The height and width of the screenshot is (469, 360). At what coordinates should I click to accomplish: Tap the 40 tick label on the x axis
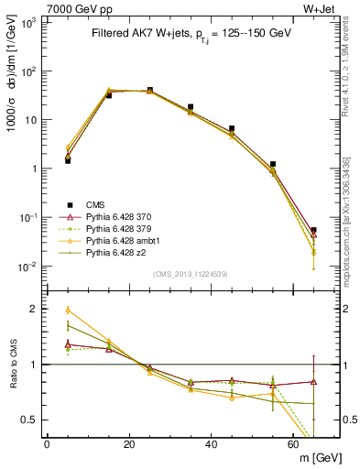click(211, 444)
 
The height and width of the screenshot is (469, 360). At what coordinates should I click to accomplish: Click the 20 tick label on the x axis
click(129, 444)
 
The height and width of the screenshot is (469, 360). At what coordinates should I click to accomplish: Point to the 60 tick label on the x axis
click(293, 444)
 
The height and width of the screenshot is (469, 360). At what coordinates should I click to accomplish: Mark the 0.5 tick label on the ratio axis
click(30, 420)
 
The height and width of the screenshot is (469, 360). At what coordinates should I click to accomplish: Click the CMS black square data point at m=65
click(313, 231)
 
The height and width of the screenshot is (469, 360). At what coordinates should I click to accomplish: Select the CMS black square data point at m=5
click(68, 160)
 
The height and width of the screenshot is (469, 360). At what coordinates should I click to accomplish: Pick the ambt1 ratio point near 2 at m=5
click(68, 310)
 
